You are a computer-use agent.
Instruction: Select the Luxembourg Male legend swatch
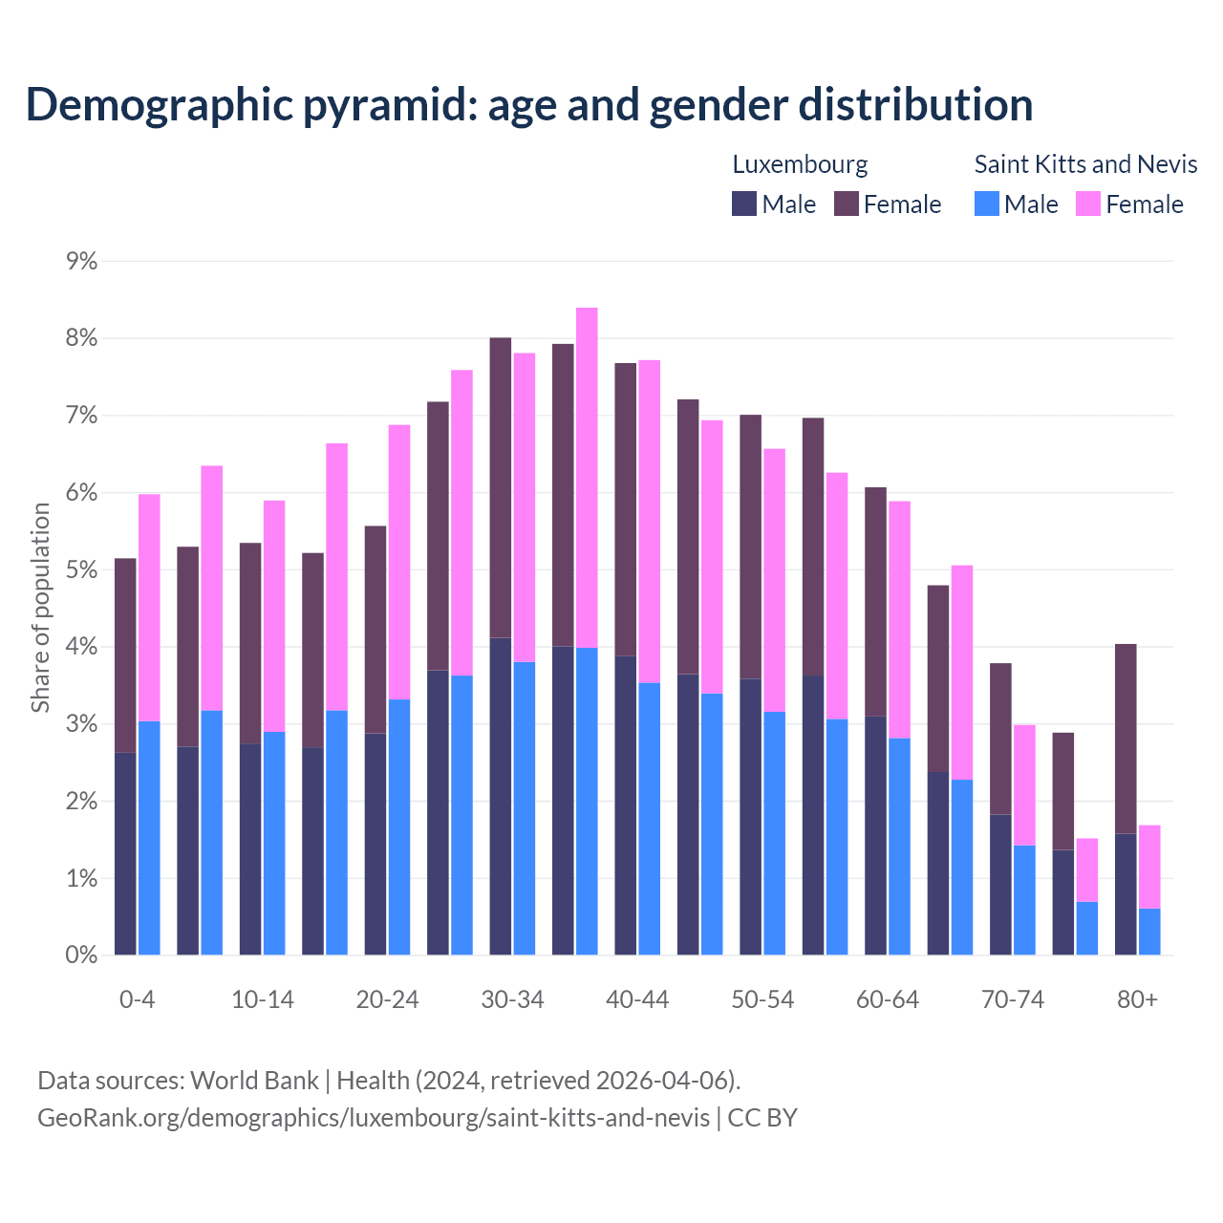[744, 204]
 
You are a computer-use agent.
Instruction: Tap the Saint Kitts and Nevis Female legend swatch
[1087, 204]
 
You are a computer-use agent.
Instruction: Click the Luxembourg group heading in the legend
[800, 164]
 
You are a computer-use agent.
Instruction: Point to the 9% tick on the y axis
[81, 261]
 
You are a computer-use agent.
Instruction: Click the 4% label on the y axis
[81, 647]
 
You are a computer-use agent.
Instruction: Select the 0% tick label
[81, 955]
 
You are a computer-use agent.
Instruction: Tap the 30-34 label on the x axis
[512, 999]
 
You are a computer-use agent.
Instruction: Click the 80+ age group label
[1137, 999]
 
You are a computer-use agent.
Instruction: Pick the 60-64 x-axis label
[887, 999]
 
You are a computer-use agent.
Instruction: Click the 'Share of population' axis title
[40, 608]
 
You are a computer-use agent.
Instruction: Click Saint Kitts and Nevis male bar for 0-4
[149, 838]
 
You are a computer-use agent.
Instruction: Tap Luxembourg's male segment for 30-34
[501, 796]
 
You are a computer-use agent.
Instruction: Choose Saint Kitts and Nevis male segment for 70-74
[1024, 900]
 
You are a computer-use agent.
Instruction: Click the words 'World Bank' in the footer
[254, 1081]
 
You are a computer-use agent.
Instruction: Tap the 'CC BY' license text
[762, 1118]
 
